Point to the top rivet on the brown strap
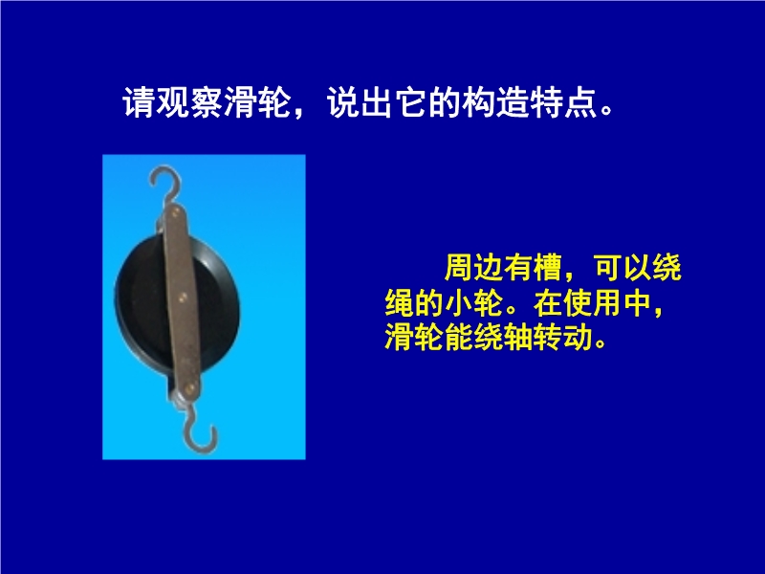175,211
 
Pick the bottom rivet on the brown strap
190,389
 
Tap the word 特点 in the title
563,102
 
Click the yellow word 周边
473,268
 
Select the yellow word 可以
623,268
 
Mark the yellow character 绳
400,302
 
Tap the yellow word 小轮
473,302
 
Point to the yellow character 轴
518,337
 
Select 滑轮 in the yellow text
414,337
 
